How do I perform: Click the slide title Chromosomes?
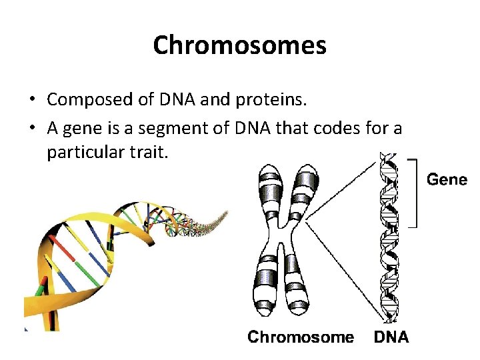[x=239, y=45]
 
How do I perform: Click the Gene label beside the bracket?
[x=447, y=180]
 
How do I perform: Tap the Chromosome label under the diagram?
[x=301, y=337]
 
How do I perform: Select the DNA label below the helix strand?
[x=391, y=337]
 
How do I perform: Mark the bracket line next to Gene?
[x=415, y=193]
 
